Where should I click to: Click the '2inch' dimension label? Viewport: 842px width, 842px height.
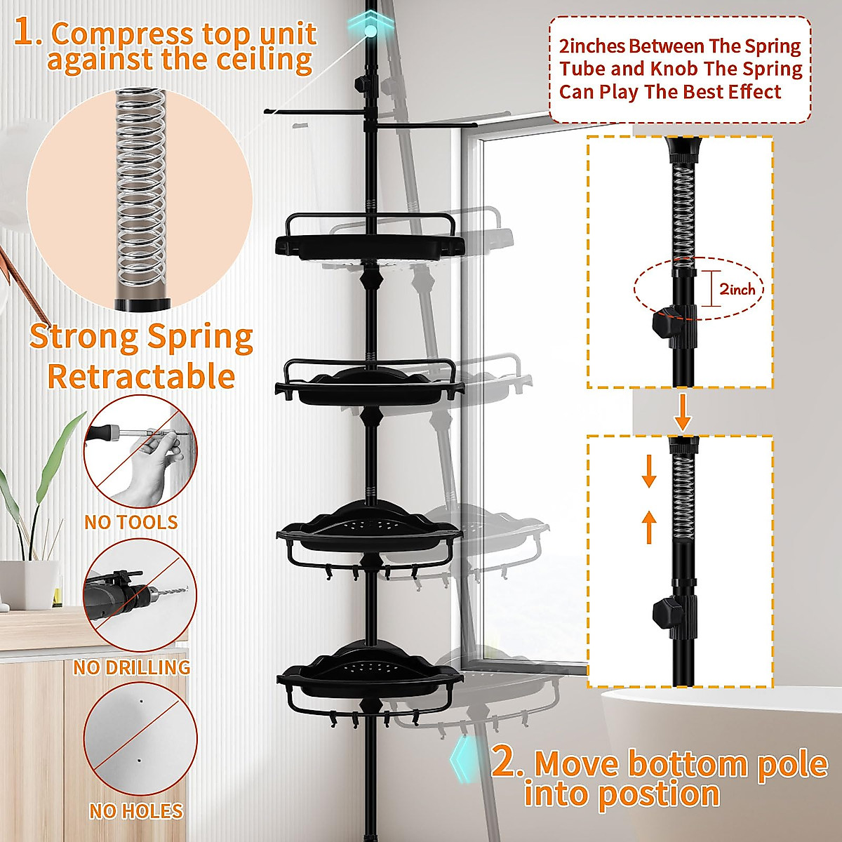tap(737, 289)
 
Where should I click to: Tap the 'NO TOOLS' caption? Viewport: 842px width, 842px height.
tap(131, 522)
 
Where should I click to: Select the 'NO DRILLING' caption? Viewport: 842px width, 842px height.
tap(132, 667)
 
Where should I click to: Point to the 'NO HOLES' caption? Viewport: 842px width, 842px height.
tap(136, 811)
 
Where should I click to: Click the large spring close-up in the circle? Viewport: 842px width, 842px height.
tap(140, 196)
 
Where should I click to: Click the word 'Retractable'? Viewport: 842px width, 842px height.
tap(140, 377)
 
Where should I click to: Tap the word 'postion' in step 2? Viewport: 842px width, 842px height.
tap(622, 794)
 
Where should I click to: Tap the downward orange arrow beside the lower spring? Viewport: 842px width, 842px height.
tap(649, 471)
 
